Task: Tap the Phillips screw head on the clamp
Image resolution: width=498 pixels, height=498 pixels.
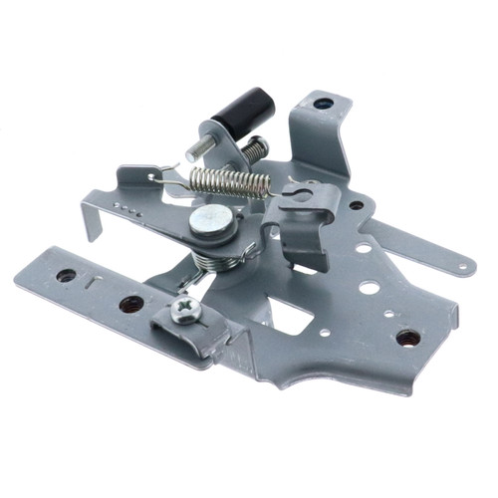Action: (x=186, y=310)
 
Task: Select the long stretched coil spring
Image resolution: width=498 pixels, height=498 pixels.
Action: (x=230, y=181)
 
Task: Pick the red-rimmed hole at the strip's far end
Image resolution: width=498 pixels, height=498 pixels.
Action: (x=66, y=275)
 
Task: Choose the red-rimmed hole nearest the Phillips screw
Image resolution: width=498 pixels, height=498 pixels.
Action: (x=130, y=304)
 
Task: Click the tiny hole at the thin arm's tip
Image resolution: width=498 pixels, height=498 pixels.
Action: (x=464, y=265)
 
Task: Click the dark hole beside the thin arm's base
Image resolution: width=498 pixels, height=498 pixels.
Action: (x=356, y=205)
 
